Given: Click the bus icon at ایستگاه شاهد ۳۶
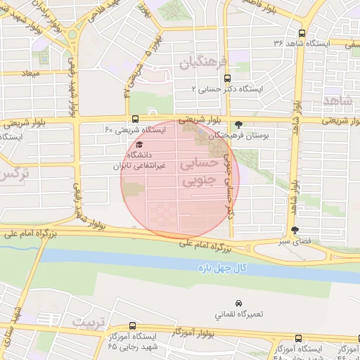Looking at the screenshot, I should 302,33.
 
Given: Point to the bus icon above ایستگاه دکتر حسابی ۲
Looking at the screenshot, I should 226,79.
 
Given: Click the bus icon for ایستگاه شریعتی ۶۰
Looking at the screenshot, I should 134,120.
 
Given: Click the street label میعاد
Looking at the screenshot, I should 32,73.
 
